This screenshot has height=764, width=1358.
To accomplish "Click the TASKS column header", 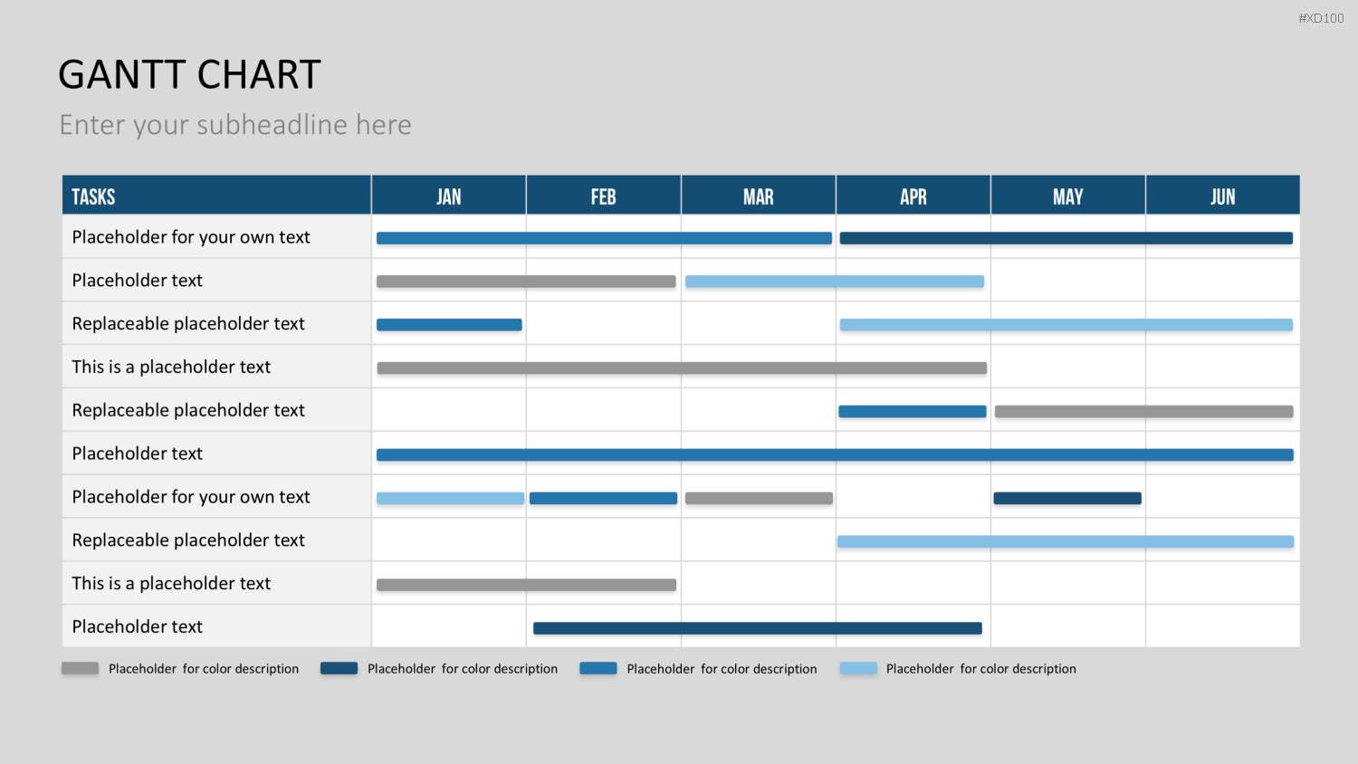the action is coord(93,197).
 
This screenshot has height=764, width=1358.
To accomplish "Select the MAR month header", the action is coord(759,197).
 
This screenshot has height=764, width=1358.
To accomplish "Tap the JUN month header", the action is coord(1223,197).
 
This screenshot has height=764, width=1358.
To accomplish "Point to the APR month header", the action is coord(913,197).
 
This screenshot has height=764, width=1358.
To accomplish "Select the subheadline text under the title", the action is coord(235,125).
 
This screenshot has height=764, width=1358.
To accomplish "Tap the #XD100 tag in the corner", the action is coord(1321,18).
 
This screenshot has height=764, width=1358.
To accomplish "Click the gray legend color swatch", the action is coord(80,668).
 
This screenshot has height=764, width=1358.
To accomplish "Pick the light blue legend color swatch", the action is coord(858,668).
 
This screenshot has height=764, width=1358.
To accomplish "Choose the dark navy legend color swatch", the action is coord(339,668).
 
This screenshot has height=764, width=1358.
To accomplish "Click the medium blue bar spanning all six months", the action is coord(835,454).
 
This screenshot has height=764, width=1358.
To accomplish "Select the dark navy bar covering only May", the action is coord(1067,499).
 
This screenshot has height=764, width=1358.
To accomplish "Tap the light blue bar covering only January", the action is coord(451,499).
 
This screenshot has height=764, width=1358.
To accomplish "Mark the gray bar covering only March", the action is coord(759,499).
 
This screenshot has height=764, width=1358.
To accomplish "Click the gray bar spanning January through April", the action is coord(682,368).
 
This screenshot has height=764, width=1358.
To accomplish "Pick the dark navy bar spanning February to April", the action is coord(758,628).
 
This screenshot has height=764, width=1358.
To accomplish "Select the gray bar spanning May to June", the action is coord(1144,412).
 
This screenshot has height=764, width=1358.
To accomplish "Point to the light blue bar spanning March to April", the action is coord(835,282).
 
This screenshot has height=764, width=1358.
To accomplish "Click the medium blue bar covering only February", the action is coord(603,499).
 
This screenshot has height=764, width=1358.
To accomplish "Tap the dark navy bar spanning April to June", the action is coord(1066,238).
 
